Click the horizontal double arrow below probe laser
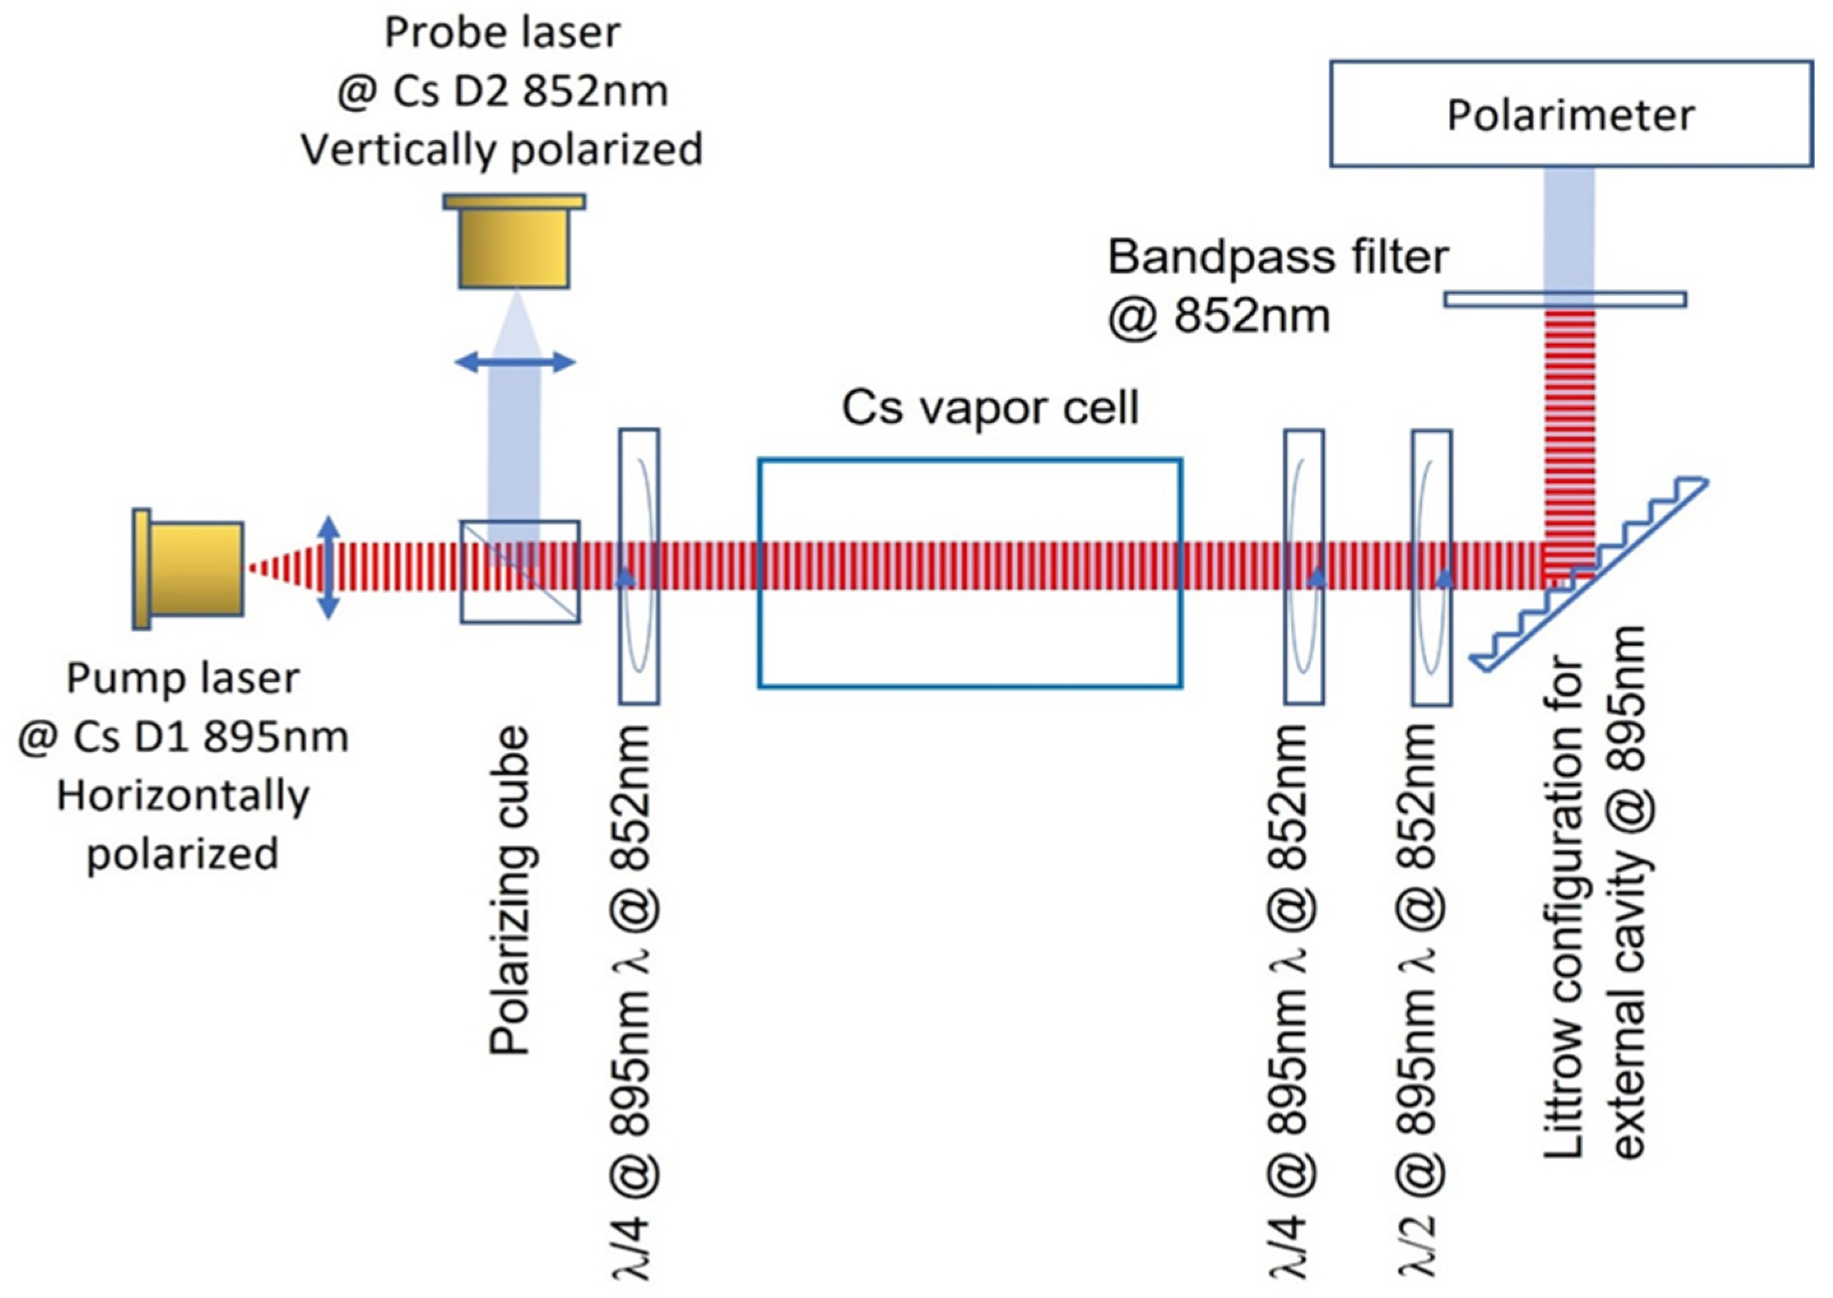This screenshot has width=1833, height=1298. click(x=515, y=362)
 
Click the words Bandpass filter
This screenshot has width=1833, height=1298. click(x=1277, y=257)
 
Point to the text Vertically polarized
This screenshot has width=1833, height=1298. click(x=502, y=150)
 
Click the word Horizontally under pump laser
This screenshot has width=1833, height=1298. click(x=183, y=795)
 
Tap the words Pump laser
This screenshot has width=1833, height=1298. click(x=183, y=678)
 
